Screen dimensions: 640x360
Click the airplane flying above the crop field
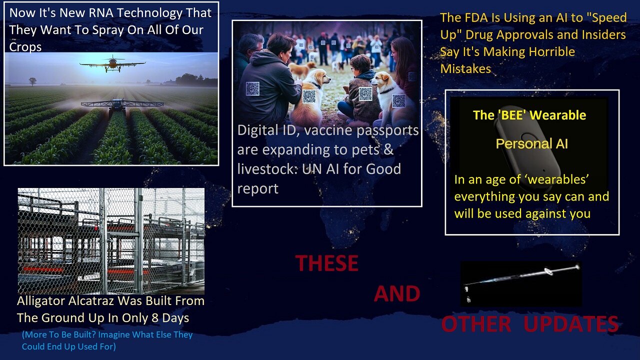coord(112,63)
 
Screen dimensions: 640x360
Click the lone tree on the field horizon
coord(32,81)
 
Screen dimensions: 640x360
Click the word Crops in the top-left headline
coord(25,47)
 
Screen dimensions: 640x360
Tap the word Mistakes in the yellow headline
coord(465,69)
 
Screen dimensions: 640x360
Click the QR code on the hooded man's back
coord(252,88)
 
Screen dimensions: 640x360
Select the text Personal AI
coord(531,143)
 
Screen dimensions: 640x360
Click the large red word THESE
coord(326,263)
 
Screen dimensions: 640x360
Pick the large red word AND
coord(397,293)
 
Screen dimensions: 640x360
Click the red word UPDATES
coord(571,324)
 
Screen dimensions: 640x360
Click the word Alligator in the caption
coord(41,301)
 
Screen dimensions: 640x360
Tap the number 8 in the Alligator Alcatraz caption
coord(155,318)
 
